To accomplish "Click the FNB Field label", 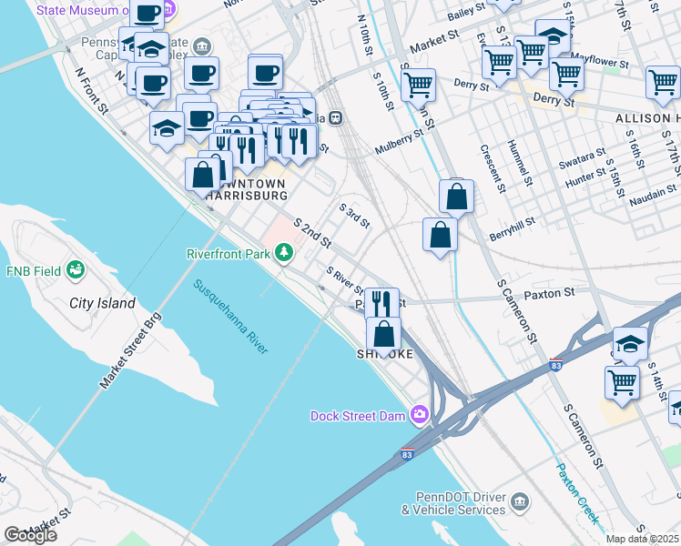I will pyautogui.click(x=34, y=271).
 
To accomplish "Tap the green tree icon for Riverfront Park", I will pyautogui.click(x=285, y=251).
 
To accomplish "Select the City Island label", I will pyautogui.click(x=102, y=303).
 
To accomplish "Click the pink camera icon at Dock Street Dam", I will pyautogui.click(x=420, y=414).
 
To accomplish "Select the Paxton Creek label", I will pyautogui.click(x=578, y=492).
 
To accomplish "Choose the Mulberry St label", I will pyautogui.click(x=400, y=141).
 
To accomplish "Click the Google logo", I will pyautogui.click(x=30, y=535).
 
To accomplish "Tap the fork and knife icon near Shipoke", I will pyautogui.click(x=382, y=303).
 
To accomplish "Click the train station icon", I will pyautogui.click(x=336, y=117).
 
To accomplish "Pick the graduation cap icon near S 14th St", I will pyautogui.click(x=629, y=344).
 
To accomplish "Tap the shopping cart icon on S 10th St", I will pyautogui.click(x=418, y=85).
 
